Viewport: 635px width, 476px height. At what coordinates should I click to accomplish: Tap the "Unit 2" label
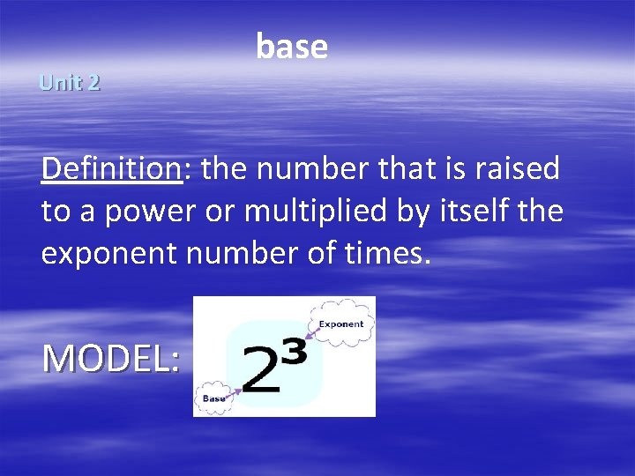pos(70,83)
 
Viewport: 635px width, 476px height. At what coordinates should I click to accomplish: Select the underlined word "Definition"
pos(110,167)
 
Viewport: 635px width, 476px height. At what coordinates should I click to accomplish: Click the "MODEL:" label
pos(111,358)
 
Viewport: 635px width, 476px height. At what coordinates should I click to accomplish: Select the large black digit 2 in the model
pos(263,370)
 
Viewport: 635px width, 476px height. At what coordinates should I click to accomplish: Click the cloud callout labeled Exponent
pos(341,324)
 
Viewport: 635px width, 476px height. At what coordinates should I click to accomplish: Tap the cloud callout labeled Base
pos(213,398)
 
